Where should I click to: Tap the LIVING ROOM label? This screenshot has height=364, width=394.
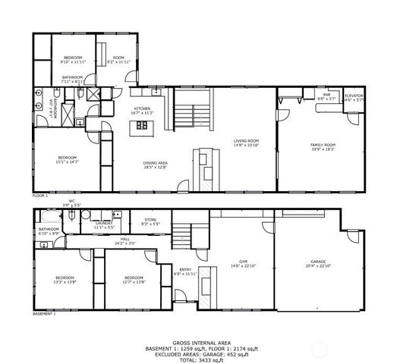point(246,142)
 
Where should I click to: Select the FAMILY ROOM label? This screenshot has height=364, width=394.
point(323,146)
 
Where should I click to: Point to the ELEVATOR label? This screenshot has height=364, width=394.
point(354,96)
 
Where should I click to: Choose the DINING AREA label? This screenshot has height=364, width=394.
point(155,164)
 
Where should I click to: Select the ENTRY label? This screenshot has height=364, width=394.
point(186,270)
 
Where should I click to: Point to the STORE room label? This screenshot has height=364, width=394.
point(150,221)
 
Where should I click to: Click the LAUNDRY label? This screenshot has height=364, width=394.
point(103,224)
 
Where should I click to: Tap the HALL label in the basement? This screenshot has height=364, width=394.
point(125,240)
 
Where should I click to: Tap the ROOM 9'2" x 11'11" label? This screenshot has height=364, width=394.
point(119,59)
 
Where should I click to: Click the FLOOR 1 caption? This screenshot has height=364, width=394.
point(40,196)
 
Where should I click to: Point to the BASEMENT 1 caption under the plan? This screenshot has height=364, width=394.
point(44,313)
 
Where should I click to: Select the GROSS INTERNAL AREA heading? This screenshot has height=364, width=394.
point(197,342)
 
